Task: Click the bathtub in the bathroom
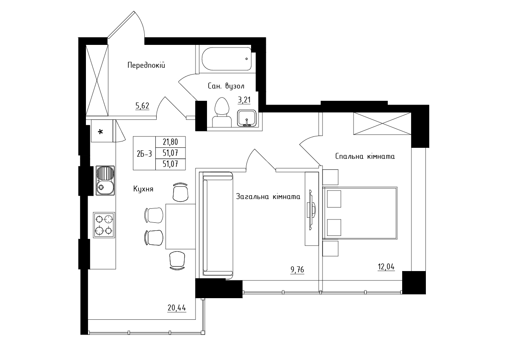tap(227, 59)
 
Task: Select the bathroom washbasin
tap(247, 118)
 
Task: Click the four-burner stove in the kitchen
tap(104, 225)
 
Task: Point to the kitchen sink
tap(105, 180)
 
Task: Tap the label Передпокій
tap(146, 65)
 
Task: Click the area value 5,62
tap(142, 106)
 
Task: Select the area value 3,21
tap(244, 100)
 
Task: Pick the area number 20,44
tap(177, 308)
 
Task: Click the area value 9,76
tap(297, 270)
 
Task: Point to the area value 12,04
tap(386, 267)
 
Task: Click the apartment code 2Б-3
tap(144, 154)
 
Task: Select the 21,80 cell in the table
tap(170, 142)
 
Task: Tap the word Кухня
tap(143, 189)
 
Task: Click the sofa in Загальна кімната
tap(216, 224)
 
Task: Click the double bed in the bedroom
tap(360, 213)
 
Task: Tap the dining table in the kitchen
tap(180, 227)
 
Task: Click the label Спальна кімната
tap(365, 156)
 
